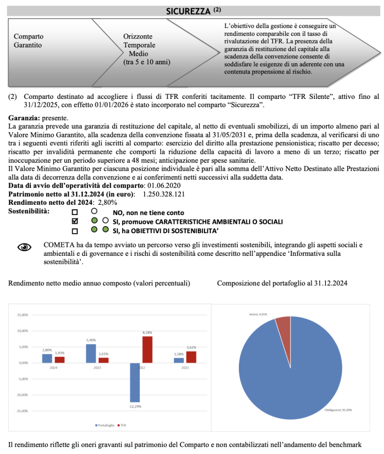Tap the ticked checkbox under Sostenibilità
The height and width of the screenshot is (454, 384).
click(x=75, y=221)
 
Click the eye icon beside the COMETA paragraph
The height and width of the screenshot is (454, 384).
click(x=25, y=247)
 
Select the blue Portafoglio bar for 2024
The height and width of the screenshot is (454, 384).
click(x=47, y=358)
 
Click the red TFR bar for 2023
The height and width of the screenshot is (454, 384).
click(x=103, y=360)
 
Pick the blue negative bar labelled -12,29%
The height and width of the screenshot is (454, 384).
click(x=135, y=382)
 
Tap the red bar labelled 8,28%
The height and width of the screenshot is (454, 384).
click(x=147, y=349)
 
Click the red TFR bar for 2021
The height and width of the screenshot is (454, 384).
click(x=191, y=357)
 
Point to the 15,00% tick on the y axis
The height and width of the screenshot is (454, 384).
click(x=22, y=315)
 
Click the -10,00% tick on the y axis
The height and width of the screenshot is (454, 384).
click(x=22, y=395)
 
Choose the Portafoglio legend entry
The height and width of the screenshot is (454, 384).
click(x=105, y=425)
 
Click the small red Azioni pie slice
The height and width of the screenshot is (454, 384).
click(x=283, y=325)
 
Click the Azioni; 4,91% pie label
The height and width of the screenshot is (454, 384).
click(x=259, y=314)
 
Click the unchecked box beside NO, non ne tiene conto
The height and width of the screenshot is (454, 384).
click(x=75, y=212)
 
